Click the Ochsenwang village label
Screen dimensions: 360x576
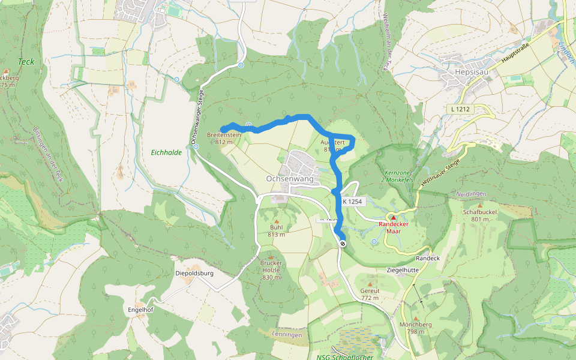289,179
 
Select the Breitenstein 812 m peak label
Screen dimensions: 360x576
224,138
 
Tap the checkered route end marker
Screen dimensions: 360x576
343,244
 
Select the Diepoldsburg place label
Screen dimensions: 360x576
194,273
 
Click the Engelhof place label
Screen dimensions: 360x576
141,310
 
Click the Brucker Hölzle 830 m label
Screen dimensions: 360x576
271,269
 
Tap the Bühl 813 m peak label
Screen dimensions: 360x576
277,231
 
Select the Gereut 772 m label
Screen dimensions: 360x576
370,294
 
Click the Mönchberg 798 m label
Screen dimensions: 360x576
416,328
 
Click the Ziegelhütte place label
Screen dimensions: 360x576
403,270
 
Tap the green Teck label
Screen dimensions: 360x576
26,61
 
